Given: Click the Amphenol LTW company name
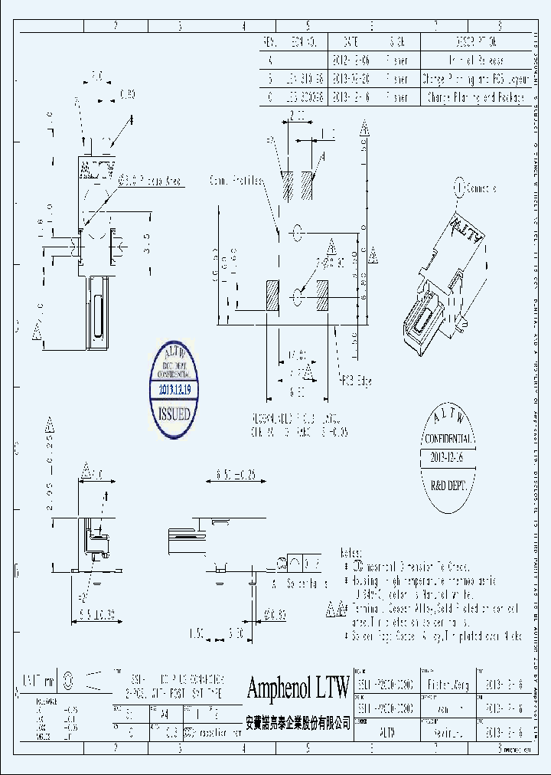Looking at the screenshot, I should coord(298,688).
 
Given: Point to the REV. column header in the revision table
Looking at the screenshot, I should coord(269,41).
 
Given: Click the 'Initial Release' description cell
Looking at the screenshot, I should coord(474,60).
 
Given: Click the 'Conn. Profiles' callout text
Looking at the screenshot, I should coord(236,181).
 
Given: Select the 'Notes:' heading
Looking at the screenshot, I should coord(351,551).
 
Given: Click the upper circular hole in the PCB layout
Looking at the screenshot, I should coord(298,231).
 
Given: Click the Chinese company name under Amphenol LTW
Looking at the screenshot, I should coord(298,722).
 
